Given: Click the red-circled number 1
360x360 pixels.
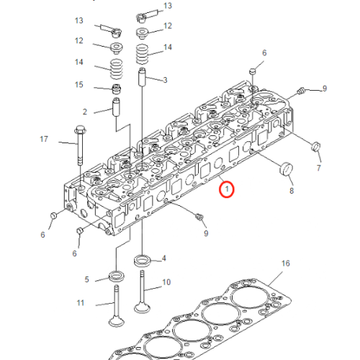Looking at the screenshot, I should [227, 190].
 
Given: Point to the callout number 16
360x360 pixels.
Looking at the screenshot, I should [285, 264].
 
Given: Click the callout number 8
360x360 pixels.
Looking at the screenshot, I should [292, 192].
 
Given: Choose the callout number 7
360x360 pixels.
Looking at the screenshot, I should [319, 167].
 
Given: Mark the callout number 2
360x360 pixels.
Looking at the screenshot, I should [85, 112].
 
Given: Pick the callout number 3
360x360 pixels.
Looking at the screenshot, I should [165, 79].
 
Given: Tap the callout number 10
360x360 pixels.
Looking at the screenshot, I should [166, 282].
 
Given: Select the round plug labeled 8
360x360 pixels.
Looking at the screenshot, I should [287, 171].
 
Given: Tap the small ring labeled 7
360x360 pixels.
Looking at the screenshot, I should [314, 148].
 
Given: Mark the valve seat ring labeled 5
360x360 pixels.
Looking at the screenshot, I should [114, 276].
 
